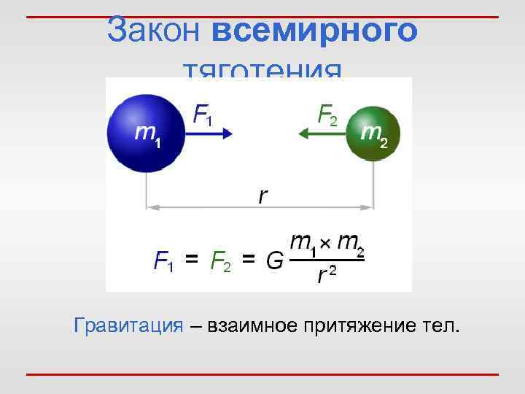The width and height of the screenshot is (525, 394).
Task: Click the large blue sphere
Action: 146,131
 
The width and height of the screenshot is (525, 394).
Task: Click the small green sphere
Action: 373,133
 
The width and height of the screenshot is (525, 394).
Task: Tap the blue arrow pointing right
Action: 211,133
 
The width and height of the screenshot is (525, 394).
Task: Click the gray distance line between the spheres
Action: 219,208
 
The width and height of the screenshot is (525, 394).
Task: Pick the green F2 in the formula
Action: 219,260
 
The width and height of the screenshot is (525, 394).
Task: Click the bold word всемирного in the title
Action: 316,31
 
